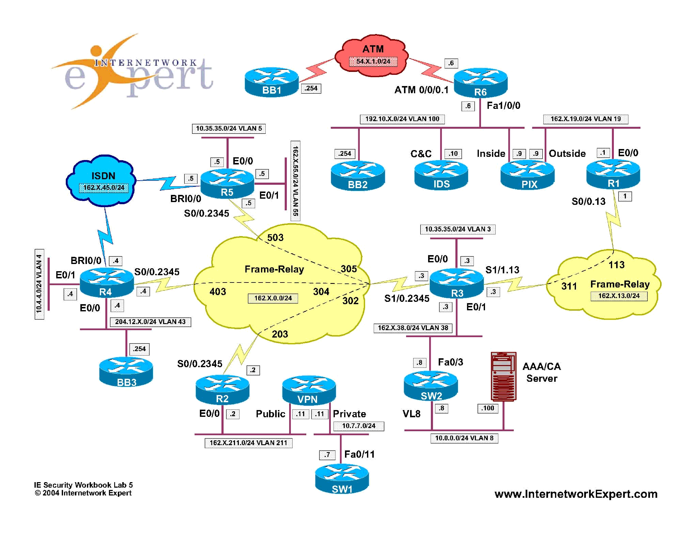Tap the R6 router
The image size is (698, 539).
(480, 83)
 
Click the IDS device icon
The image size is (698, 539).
(441, 176)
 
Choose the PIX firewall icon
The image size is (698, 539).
(527, 176)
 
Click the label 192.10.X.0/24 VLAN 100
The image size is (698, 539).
(402, 119)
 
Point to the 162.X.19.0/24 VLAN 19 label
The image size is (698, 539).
(585, 119)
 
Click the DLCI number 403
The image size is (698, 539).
(218, 291)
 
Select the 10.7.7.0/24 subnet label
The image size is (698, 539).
(359, 426)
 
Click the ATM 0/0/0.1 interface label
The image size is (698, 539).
(421, 90)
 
